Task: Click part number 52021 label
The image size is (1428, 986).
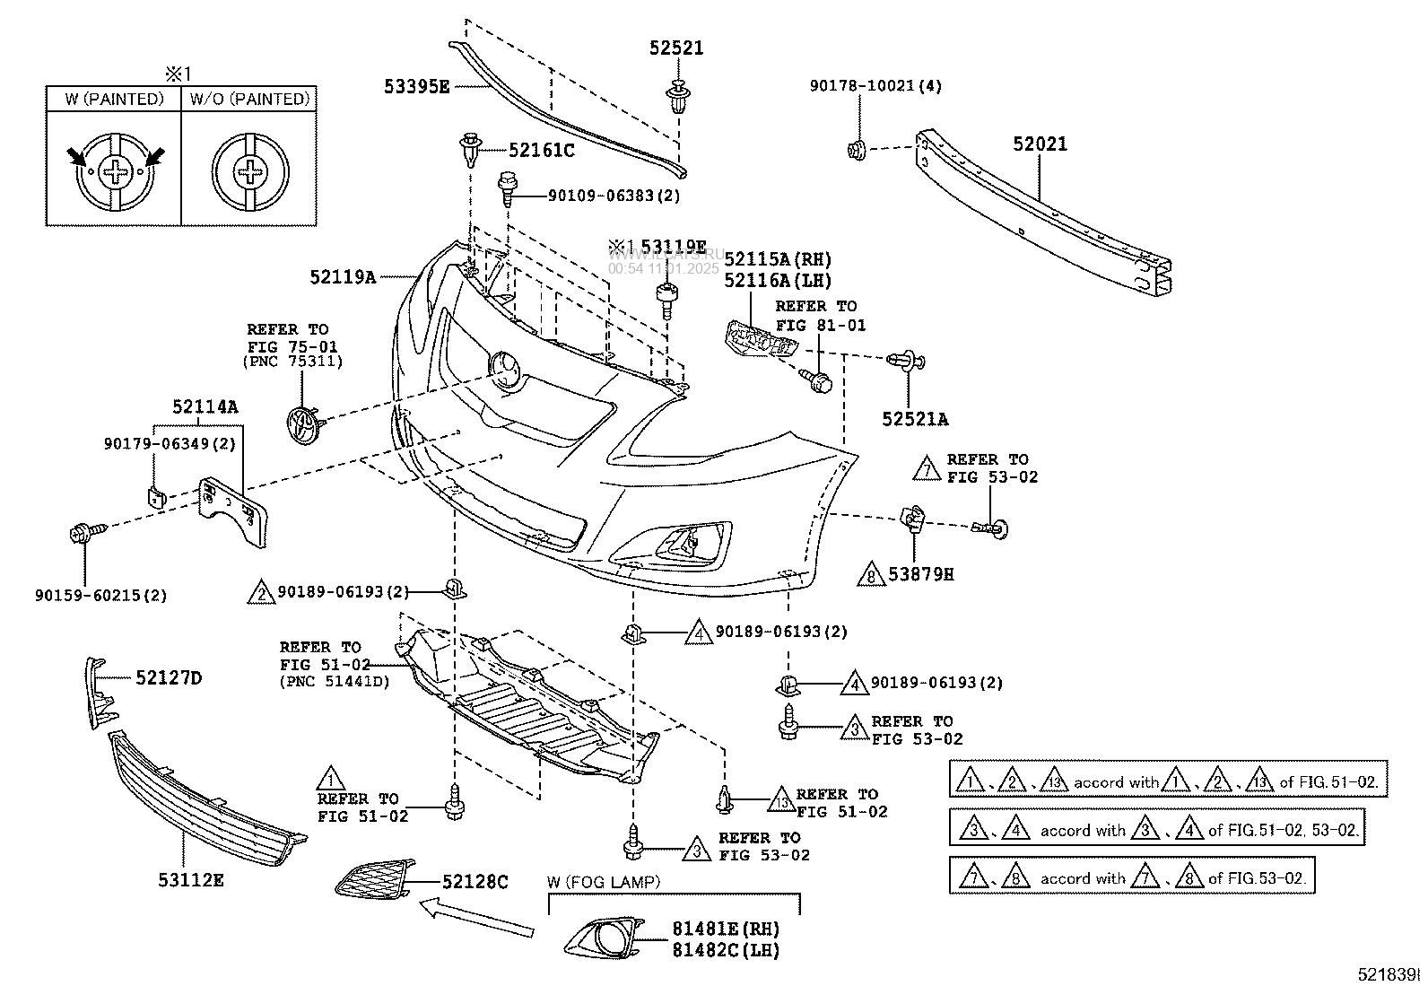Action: (1041, 144)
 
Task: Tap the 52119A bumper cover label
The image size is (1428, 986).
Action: (343, 278)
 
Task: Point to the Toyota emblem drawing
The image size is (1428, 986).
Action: (303, 424)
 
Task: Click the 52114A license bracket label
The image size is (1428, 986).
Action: (205, 406)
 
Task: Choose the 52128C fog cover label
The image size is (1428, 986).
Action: (474, 882)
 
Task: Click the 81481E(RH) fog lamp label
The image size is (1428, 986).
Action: (726, 929)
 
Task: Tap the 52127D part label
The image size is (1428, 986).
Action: (169, 677)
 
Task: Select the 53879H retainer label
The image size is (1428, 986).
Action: (921, 573)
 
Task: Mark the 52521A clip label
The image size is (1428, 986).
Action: (914, 418)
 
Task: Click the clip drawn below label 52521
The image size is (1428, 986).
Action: (678, 95)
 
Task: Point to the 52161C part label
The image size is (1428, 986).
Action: (541, 150)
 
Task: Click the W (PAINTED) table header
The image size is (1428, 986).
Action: (114, 99)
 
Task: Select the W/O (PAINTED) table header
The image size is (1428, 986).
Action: (248, 99)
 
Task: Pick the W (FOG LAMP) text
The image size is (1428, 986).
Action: (603, 882)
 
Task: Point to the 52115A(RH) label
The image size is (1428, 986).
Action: (778, 259)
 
